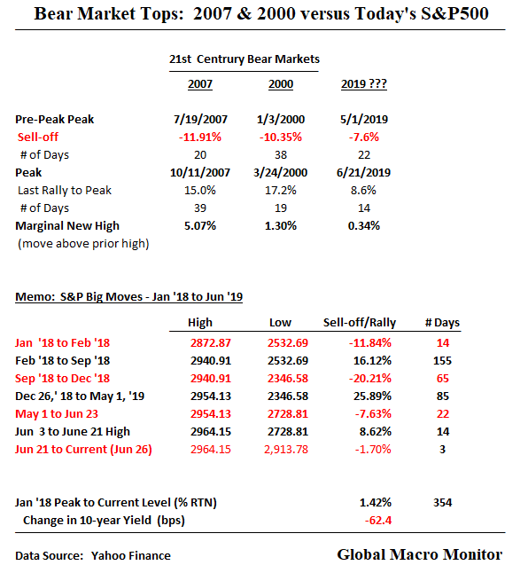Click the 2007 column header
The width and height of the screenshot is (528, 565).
click(x=200, y=84)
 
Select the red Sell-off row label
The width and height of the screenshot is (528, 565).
click(x=41, y=137)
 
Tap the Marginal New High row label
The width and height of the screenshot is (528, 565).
click(x=67, y=225)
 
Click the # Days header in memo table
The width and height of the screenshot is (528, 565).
click(x=440, y=323)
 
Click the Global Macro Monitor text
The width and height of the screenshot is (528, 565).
click(x=419, y=554)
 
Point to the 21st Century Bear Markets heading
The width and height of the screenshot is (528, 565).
click(x=245, y=59)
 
